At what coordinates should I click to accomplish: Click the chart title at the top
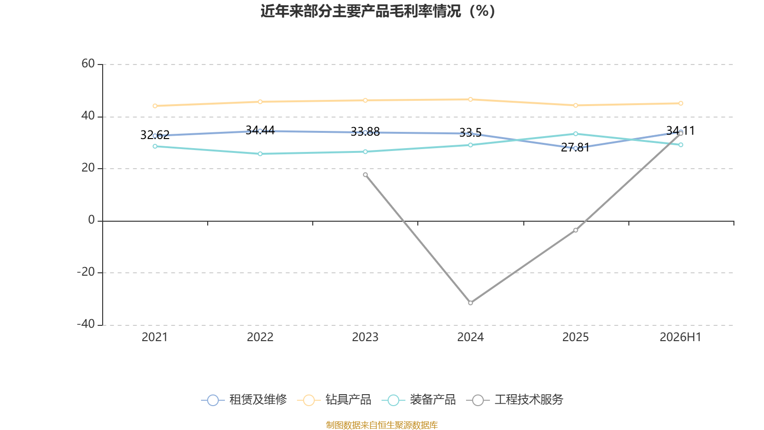click(378, 11)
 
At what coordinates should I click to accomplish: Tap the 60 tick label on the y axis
click(88, 64)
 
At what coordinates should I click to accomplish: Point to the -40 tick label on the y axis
click(85, 324)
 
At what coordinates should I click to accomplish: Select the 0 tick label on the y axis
click(91, 220)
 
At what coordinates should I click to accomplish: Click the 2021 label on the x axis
click(155, 337)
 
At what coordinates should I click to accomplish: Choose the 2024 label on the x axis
click(470, 337)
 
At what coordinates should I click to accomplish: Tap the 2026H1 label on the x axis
click(680, 337)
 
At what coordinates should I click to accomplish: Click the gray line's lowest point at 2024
click(470, 303)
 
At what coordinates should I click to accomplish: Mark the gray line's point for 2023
click(365, 175)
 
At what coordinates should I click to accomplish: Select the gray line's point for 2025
click(576, 230)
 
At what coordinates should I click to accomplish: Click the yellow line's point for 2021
click(155, 106)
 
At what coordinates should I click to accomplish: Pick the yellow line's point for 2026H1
click(681, 103)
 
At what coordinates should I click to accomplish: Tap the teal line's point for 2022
click(260, 154)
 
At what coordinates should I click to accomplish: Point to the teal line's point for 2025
click(576, 134)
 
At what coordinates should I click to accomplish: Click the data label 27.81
click(575, 148)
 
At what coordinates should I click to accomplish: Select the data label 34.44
click(260, 130)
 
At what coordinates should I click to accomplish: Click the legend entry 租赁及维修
click(244, 399)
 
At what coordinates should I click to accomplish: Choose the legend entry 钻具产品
click(334, 399)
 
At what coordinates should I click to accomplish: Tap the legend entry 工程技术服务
click(515, 399)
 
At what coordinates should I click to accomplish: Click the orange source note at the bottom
click(382, 425)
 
